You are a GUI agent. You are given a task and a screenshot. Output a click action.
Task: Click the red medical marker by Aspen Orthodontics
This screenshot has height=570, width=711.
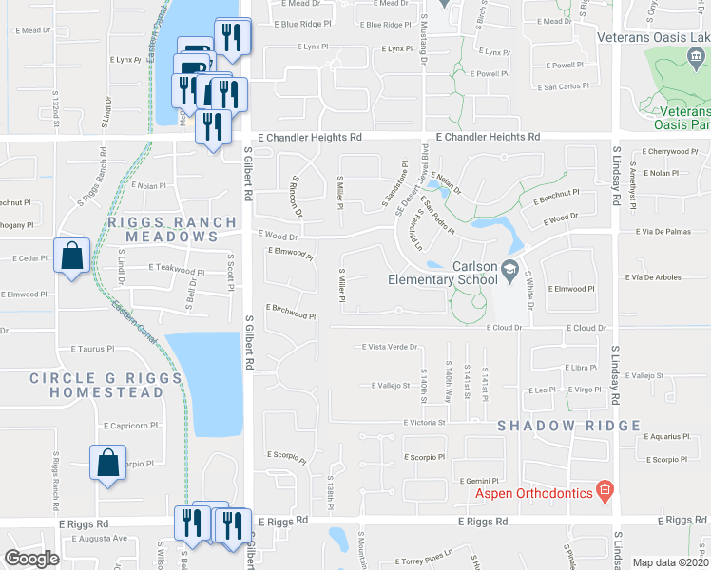coord(604,491)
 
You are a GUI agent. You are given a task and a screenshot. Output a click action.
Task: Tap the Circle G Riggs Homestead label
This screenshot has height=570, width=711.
coord(96,385)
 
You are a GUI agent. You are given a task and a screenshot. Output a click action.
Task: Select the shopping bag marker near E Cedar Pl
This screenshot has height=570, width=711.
coord(72,256)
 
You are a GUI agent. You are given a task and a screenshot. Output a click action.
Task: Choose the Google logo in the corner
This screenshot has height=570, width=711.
coord(31,559)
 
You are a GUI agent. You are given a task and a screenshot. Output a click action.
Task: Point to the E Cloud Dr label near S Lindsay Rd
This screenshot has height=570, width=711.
coord(586,328)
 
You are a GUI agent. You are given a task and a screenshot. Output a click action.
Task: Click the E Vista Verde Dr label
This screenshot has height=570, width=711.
coord(390,347)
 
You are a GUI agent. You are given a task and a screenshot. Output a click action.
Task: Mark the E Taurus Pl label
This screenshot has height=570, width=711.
coord(96,349)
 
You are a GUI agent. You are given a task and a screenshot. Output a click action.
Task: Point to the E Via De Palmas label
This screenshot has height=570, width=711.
coord(659,230)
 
